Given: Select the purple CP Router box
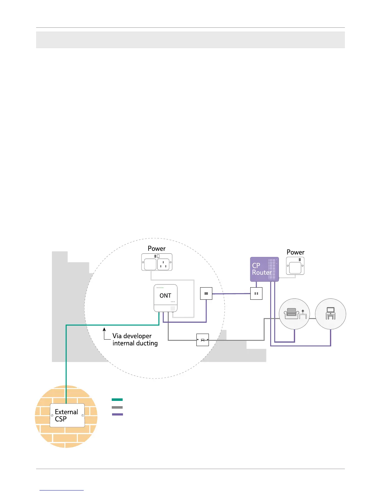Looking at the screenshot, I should point(264,269).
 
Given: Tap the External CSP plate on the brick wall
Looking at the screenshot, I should point(67,415).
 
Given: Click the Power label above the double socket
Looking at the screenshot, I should point(157,248).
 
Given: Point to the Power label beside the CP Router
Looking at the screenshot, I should point(295,252).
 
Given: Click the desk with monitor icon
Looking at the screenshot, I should point(330,313).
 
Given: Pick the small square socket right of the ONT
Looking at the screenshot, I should point(206,293).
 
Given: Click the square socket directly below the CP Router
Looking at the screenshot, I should point(256,293).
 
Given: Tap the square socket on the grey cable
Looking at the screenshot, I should point(203,340).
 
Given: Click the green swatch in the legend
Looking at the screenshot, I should point(117,399).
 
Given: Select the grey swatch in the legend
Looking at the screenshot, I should point(117,407).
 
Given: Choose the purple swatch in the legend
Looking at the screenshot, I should point(117,414).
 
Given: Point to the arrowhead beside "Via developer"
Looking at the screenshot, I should point(105,329).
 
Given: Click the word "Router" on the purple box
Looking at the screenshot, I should point(262,273).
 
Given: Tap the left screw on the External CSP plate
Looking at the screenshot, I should point(52,415).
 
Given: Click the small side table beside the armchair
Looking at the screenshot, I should point(303,315).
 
